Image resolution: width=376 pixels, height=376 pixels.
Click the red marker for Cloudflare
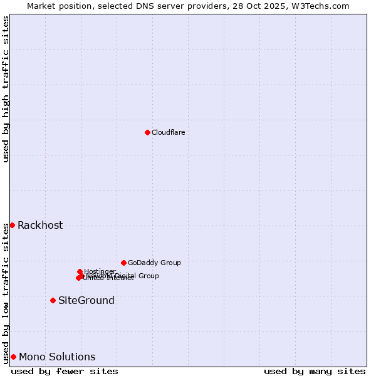click(x=147, y=132)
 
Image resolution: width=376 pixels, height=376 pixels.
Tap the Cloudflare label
click(x=168, y=132)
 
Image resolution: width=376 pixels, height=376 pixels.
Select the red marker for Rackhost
click(x=12, y=225)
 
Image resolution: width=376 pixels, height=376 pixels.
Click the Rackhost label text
click(x=40, y=226)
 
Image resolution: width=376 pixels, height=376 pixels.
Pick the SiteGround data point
click(x=53, y=300)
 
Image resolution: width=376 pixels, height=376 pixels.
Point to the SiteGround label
click(x=86, y=301)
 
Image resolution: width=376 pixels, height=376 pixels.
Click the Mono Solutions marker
click(x=13, y=357)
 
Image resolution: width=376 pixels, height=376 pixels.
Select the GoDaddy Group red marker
click(x=123, y=263)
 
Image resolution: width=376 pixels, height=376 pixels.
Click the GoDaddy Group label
click(x=154, y=263)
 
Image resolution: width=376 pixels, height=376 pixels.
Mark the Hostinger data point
click(x=80, y=271)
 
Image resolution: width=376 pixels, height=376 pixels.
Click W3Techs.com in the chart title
click(x=323, y=6)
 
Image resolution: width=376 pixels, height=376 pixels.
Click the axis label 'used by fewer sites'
click(x=65, y=371)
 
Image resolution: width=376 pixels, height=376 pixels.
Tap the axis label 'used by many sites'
click(x=315, y=371)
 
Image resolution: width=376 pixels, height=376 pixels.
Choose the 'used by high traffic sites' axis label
click(x=6, y=89)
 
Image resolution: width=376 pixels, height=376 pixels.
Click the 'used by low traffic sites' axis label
click(x=6, y=293)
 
